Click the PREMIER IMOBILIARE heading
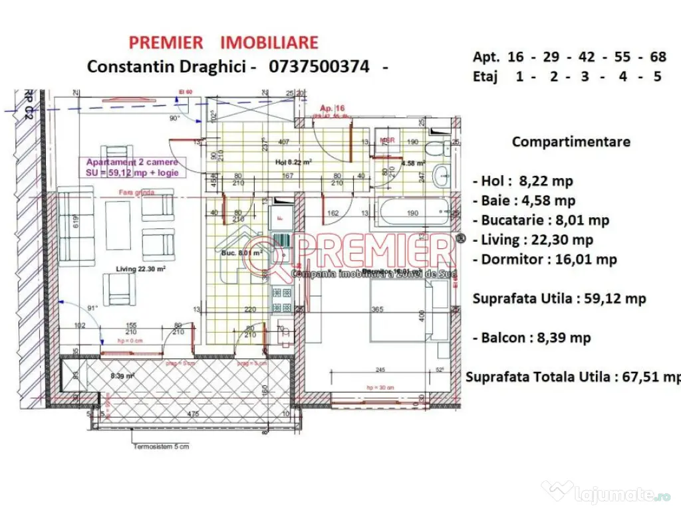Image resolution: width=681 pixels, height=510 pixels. tap(223, 42)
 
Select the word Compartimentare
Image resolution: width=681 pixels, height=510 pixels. tap(571, 141)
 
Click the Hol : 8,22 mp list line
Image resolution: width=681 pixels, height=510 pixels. tap(523, 181)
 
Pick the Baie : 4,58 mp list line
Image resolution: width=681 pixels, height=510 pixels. tap(524, 201)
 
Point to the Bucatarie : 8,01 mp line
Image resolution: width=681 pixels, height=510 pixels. tap(541, 220)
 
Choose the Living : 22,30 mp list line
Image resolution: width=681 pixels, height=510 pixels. tap(533, 240)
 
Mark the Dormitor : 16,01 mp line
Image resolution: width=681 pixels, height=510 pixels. tap(545, 259)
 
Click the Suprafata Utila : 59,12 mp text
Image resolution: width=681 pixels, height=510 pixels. tap(559, 299)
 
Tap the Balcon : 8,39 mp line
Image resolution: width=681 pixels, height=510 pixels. tap(531, 338)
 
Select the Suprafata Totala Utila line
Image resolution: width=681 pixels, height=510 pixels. tap(573, 377)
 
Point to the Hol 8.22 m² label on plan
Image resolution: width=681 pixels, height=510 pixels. tap(294, 161)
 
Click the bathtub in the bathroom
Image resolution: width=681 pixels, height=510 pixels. tap(412, 212)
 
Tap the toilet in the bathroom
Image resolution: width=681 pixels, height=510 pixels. tap(440, 149)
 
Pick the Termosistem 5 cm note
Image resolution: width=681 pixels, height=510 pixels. tap(160, 446)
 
